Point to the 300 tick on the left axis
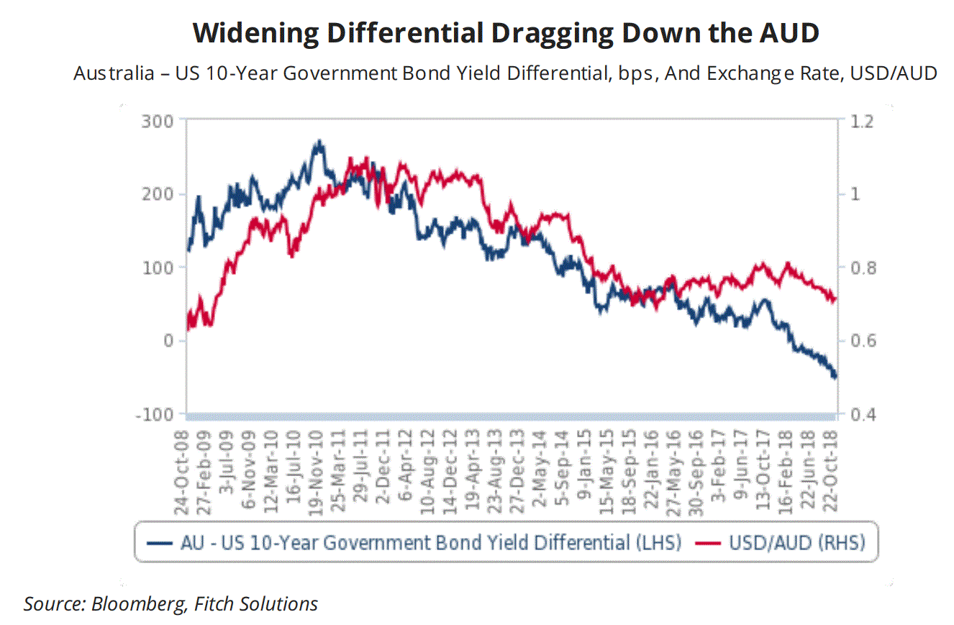tap(159, 121)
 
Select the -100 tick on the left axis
tap(155, 415)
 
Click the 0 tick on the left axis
tap(169, 341)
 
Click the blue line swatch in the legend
tap(160, 543)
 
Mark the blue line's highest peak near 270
tap(319, 142)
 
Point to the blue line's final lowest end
tap(835, 377)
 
